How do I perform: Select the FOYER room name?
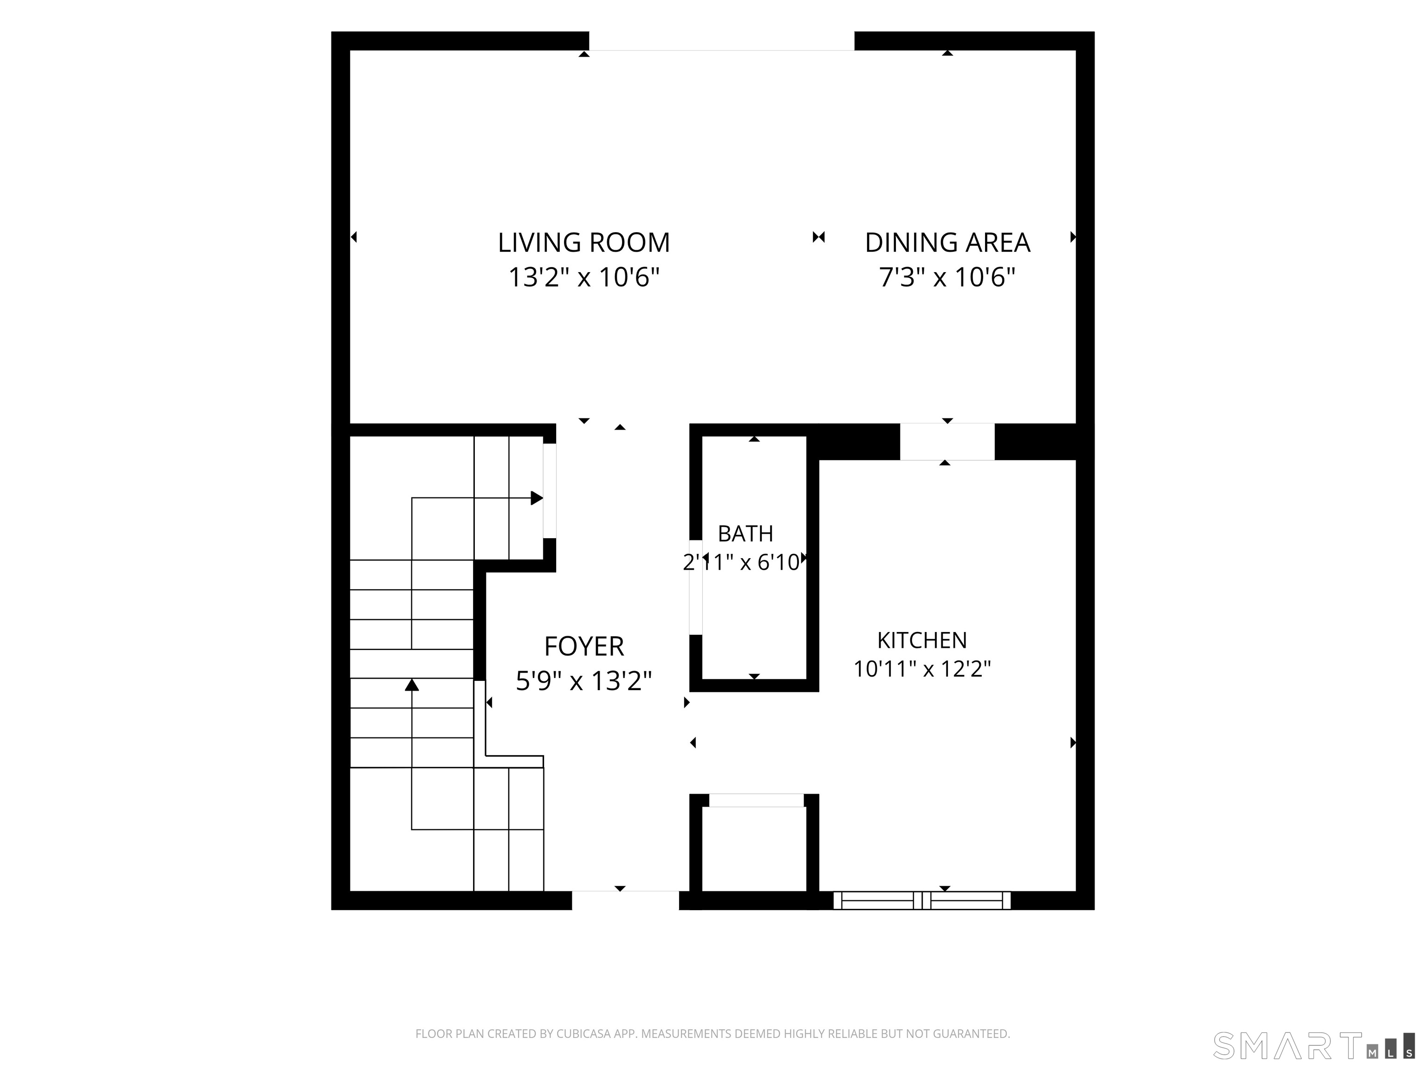point(584,646)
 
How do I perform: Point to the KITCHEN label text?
point(922,640)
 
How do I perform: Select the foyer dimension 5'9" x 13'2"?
point(584,681)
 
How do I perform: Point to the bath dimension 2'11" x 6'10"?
point(741,563)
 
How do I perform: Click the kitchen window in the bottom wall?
point(922,900)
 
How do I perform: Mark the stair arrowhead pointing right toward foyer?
point(536,498)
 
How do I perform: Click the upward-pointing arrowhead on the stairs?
point(412,685)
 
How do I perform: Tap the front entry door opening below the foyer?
point(625,900)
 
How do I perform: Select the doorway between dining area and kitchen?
point(947,442)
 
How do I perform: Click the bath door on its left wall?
point(696,587)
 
